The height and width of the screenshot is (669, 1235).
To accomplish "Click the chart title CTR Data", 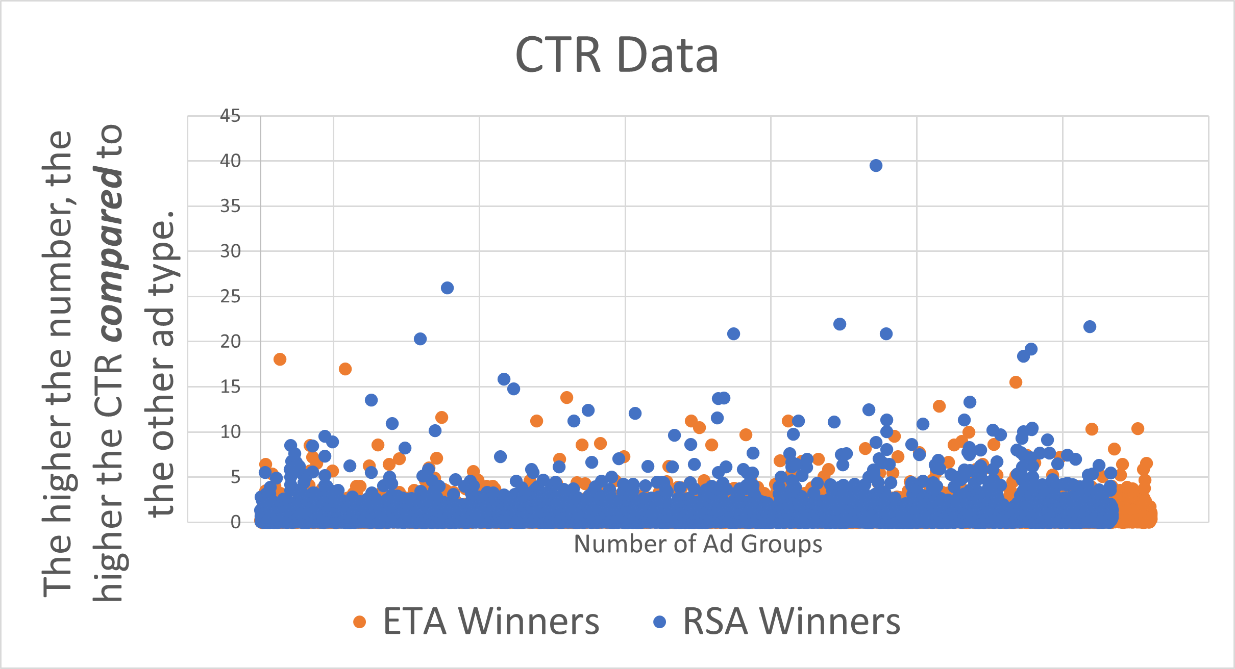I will click(617, 55).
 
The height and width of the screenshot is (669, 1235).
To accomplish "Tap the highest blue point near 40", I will click(876, 165).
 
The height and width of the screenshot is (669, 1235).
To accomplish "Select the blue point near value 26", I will click(447, 288).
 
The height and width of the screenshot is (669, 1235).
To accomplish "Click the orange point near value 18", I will click(280, 359).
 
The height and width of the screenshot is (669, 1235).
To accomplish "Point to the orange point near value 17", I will click(345, 369).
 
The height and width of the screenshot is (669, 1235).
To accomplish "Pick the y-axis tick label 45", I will click(230, 116).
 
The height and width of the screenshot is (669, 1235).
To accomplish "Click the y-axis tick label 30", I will click(230, 251).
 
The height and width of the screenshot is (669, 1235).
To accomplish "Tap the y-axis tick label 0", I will click(235, 522).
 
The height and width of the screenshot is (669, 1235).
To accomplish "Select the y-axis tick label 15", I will click(230, 387).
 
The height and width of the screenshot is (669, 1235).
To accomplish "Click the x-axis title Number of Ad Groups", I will click(698, 544).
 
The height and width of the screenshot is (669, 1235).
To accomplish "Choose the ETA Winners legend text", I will click(491, 622).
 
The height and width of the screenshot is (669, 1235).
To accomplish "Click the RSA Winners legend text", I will click(792, 622).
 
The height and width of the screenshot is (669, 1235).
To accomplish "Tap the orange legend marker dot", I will click(360, 622).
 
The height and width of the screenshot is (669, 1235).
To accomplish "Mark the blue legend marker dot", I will click(660, 622).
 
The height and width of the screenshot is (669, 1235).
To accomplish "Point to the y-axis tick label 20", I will click(230, 342).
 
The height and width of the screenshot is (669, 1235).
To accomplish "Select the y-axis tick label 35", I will click(230, 207).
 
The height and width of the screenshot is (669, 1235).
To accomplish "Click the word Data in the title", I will click(668, 55).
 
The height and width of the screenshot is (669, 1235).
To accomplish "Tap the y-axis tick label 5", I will click(235, 477).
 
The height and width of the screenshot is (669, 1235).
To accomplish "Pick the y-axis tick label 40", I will click(230, 161).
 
